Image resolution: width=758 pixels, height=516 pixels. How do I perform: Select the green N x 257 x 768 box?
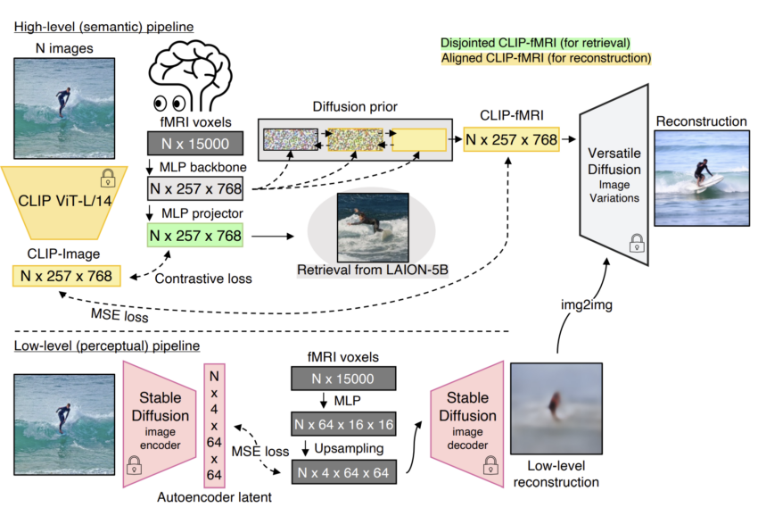click(x=194, y=236)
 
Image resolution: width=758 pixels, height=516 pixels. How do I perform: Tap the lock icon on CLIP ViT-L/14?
click(x=107, y=175)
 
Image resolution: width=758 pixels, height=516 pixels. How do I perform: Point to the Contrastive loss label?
click(x=203, y=279)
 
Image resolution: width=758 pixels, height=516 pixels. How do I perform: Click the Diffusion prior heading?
click(x=356, y=107)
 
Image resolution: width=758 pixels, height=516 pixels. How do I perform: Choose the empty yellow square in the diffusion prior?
click(x=418, y=140)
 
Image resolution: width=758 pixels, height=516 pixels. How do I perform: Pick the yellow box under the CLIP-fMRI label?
click(x=511, y=138)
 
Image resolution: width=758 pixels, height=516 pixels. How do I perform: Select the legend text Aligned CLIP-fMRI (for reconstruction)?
click(x=546, y=59)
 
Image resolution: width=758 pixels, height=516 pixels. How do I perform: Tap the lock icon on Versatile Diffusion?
click(x=636, y=241)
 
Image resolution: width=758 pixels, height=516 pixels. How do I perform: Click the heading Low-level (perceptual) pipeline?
click(x=106, y=345)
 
